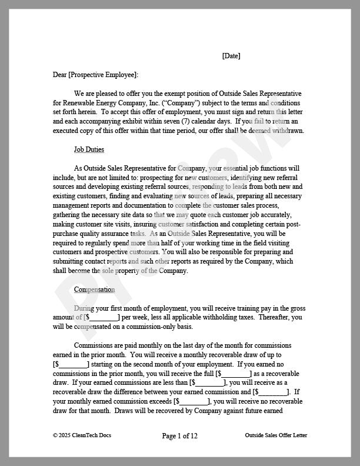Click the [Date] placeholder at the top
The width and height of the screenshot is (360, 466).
[x=231, y=56]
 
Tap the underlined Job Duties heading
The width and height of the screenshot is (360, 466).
[x=89, y=149]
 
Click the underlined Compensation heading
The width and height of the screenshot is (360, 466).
[x=94, y=289]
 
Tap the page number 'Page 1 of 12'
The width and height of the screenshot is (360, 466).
[x=179, y=436]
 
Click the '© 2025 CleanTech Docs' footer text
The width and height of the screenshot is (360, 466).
[x=82, y=435]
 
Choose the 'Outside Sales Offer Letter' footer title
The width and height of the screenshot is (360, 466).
[x=276, y=435]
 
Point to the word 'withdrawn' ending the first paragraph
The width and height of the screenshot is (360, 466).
[x=287, y=131]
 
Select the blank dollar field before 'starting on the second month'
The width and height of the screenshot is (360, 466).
[x=71, y=364]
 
